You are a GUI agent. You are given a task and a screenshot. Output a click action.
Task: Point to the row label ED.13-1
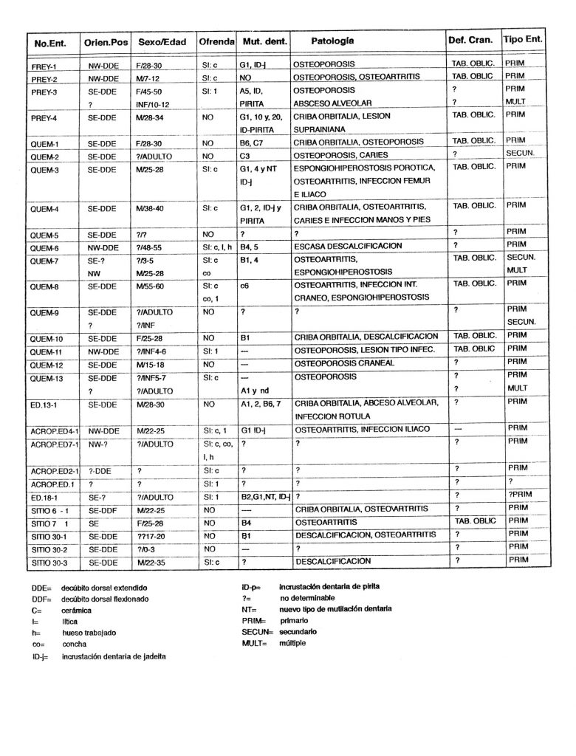click(x=49, y=404)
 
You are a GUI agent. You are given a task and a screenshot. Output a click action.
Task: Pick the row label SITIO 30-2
click(x=49, y=549)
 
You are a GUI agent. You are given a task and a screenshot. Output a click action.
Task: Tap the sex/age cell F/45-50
click(x=152, y=90)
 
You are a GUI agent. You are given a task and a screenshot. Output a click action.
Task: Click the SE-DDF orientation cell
click(x=103, y=509)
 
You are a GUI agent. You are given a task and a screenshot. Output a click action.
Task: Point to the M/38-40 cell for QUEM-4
click(x=152, y=208)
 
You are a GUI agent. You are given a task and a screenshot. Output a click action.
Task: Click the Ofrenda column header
click(x=216, y=40)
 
